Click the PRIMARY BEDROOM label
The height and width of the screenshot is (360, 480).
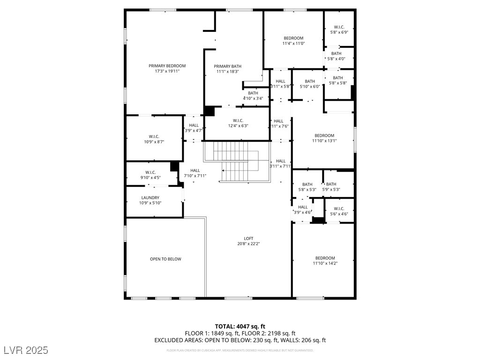point(167,66)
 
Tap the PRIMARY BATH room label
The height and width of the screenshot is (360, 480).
point(227,67)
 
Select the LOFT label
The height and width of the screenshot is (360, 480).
point(248,239)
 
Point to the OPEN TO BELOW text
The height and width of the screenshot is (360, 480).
point(165,259)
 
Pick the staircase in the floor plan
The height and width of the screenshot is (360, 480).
point(237,162)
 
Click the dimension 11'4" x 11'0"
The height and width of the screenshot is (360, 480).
point(293,44)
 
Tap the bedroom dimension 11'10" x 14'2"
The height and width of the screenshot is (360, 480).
point(325,263)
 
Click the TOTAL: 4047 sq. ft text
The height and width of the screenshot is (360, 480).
point(240,326)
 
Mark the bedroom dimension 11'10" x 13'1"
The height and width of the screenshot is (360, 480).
point(324,141)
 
